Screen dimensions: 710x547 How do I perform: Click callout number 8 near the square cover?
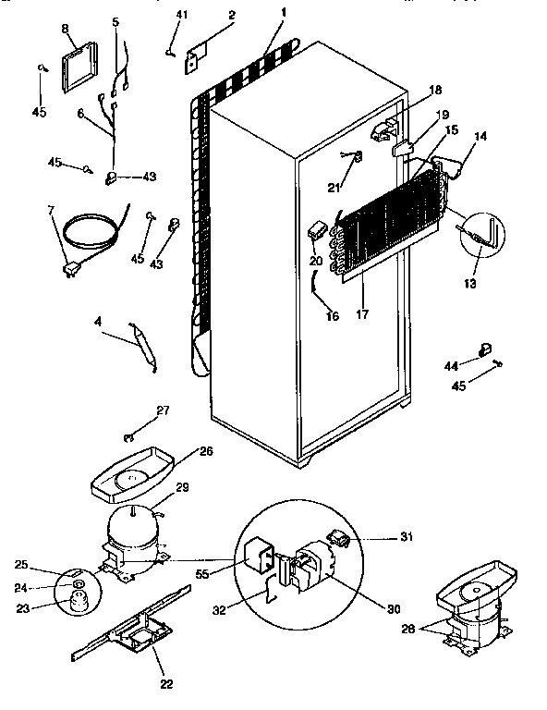(x=66, y=30)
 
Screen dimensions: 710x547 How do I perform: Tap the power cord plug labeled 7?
(x=68, y=269)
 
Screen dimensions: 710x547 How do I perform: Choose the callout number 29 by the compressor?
(x=182, y=487)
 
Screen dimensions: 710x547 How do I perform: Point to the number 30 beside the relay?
(x=395, y=609)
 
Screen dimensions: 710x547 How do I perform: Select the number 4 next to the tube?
(x=97, y=322)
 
